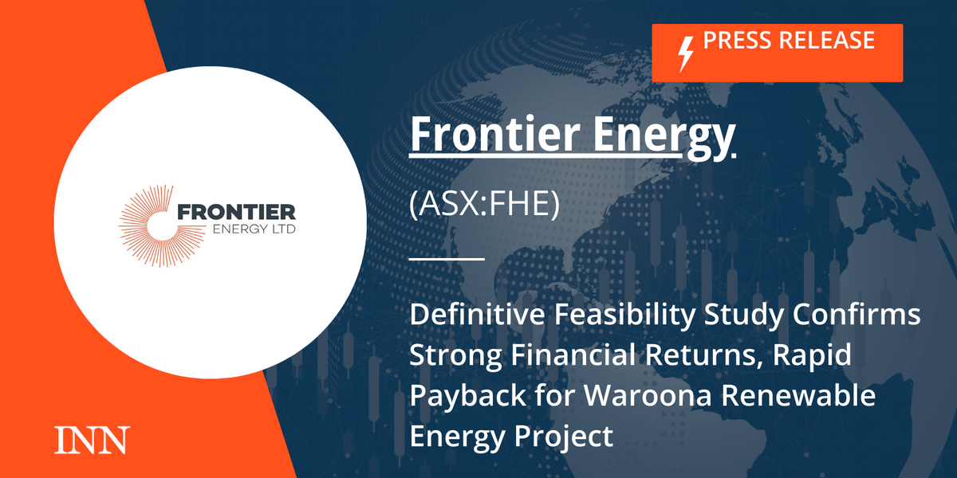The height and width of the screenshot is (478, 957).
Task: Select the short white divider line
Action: click(447, 259)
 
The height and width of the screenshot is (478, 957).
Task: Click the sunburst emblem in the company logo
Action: click(148, 222)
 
